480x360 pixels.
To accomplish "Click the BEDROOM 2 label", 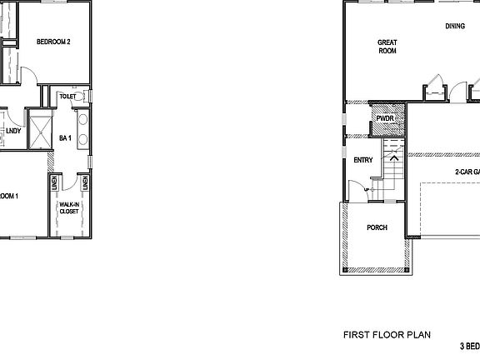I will [58, 42].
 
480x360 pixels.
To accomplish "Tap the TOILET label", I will [67, 97].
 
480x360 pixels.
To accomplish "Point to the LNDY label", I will [13, 131].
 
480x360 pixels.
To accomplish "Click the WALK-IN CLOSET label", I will [68, 207].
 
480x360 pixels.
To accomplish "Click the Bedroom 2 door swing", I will [27, 75].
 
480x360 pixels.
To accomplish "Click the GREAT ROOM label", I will [387, 47].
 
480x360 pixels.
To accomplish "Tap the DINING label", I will [454, 26].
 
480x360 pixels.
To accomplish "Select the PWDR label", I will [385, 119].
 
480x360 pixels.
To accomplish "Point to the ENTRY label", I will [362, 160].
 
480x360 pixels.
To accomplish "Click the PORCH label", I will [377, 227].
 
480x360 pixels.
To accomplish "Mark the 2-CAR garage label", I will [466, 172].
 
